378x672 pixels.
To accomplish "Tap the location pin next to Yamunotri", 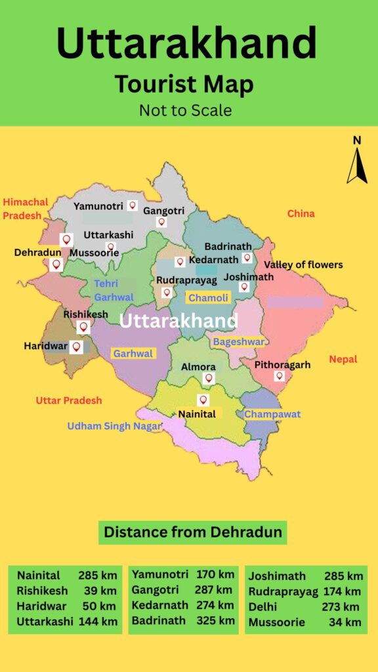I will (133, 205).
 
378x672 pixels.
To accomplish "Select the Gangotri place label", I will (163, 211).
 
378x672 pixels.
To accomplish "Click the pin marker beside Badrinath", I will (247, 258).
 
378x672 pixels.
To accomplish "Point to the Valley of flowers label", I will (303, 264).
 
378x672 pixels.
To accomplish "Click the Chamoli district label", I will (209, 298).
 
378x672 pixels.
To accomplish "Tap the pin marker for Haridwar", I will (77, 346).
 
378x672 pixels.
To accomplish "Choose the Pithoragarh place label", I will (282, 365).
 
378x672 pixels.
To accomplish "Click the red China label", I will (301, 213).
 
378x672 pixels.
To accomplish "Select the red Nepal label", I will (343, 359).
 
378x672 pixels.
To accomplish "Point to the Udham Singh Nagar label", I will (114, 426).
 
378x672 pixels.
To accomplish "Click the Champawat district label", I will (272, 414).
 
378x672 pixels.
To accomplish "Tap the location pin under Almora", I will (209, 378).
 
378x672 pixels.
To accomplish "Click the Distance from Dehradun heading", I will (193, 532).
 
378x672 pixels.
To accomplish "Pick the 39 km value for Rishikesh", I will (101, 591).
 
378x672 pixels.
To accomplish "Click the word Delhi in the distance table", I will (262, 607).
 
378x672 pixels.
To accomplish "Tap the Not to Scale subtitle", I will (185, 110).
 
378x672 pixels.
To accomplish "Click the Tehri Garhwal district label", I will (114, 290).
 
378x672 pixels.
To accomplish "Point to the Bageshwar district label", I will (238, 341).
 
